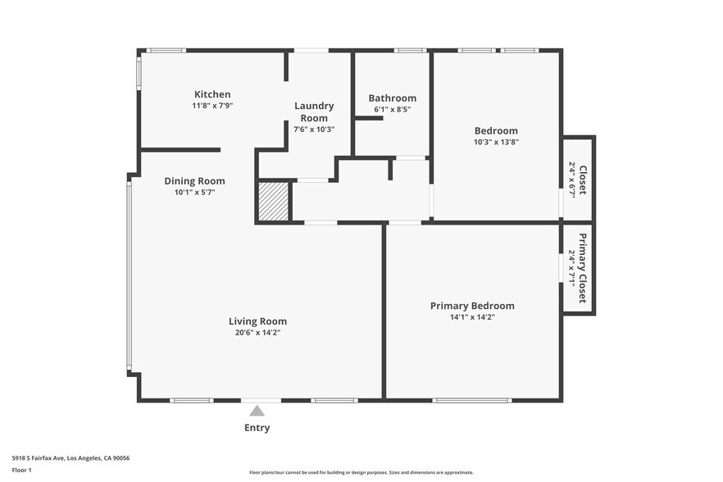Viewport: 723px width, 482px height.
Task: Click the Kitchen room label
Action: (x=212, y=94)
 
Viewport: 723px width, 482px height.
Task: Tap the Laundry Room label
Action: (x=314, y=111)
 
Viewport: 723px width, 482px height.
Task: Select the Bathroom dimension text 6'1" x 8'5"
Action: (x=392, y=109)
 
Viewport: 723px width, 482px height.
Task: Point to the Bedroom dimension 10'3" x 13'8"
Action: (x=496, y=142)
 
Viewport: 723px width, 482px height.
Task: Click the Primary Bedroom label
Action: (x=472, y=306)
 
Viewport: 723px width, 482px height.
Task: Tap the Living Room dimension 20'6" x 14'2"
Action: (x=257, y=332)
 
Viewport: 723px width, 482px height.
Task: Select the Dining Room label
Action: (x=194, y=181)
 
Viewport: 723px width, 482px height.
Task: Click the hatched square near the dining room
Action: (x=273, y=202)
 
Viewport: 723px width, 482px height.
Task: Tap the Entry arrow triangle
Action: (x=257, y=411)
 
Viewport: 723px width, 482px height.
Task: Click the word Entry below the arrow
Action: (x=257, y=427)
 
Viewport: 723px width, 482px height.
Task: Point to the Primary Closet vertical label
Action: (x=583, y=268)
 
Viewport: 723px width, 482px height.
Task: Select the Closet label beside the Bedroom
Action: (x=583, y=180)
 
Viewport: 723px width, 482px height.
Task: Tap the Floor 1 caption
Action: (x=21, y=470)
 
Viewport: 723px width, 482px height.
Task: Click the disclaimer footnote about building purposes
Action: (x=361, y=473)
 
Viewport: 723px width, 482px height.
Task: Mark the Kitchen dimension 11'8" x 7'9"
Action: (x=212, y=106)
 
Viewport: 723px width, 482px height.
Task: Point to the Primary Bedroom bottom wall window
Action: (x=472, y=400)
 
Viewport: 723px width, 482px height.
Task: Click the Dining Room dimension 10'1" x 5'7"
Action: (x=194, y=193)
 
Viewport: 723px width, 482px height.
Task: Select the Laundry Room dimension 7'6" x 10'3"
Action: (x=314, y=130)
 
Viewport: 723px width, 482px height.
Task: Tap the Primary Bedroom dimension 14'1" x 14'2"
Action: (x=472, y=316)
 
